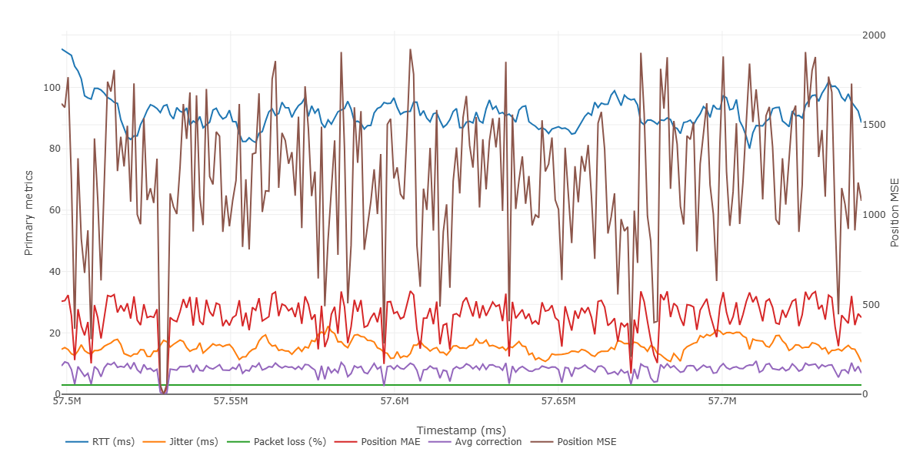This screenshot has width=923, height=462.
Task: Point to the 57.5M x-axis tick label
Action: click(x=67, y=401)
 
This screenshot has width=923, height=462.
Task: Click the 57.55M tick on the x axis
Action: click(x=230, y=401)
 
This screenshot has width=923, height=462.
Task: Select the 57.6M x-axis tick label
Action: click(x=395, y=401)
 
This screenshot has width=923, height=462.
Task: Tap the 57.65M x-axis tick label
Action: click(x=558, y=401)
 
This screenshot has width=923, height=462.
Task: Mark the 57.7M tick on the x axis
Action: click(x=722, y=401)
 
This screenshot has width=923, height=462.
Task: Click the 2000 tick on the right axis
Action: click(x=874, y=35)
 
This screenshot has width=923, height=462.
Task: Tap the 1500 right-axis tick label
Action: click(x=874, y=125)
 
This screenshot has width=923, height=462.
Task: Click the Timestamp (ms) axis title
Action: click(x=461, y=430)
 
